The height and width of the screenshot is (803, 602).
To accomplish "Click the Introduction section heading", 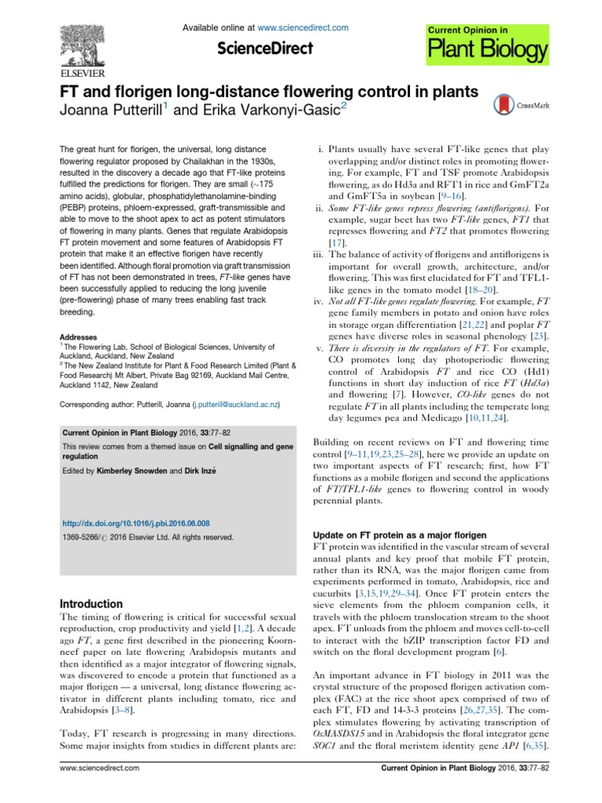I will pyautogui.click(x=92, y=604).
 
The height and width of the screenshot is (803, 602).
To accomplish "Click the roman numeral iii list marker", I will pyautogui.click(x=318, y=256).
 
